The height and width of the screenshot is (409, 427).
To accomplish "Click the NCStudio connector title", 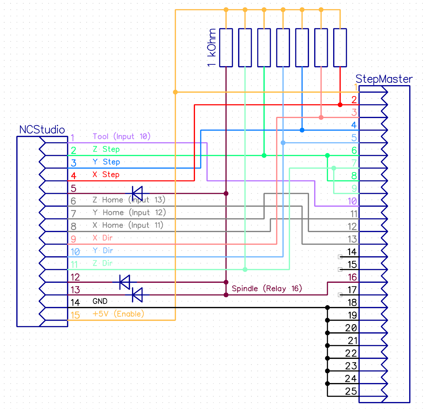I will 42,130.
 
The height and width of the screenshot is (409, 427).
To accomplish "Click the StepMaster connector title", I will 384,79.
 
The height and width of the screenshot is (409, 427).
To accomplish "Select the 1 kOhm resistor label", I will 212,48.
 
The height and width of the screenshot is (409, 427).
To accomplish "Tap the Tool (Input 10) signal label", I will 121,136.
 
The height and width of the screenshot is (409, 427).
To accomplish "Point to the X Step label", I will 106,175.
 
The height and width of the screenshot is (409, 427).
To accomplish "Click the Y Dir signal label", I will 103,251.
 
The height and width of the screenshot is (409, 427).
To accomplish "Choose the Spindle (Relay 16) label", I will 267,289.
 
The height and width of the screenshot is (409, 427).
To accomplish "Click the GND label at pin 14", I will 100,301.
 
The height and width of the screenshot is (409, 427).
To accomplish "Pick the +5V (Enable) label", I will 118,314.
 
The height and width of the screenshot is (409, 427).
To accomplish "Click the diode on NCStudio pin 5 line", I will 137,193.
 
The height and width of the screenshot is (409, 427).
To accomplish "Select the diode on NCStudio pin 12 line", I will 125,282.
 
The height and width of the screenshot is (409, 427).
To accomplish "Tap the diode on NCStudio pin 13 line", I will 137,295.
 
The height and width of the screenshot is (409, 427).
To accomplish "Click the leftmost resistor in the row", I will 226,48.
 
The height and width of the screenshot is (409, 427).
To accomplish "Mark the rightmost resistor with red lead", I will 340,48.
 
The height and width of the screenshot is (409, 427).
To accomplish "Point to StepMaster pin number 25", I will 351,391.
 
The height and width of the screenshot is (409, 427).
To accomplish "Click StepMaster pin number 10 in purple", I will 352,201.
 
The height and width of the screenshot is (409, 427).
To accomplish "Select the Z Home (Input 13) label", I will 129,200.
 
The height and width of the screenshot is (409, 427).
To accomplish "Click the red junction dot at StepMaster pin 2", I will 340,105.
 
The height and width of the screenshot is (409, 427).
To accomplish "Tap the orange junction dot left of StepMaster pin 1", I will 175,92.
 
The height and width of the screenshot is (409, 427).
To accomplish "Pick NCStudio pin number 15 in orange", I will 75,315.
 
